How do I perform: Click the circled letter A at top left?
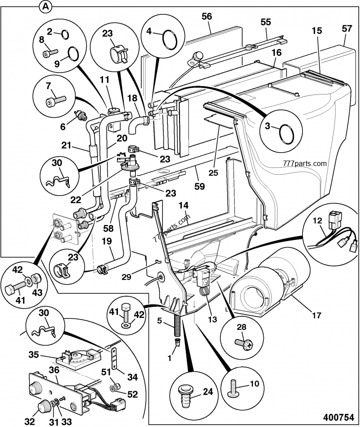click(x=45, y=6)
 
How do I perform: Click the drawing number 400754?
click(x=341, y=417)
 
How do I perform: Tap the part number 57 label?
click(x=346, y=28)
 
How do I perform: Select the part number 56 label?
click(x=207, y=16)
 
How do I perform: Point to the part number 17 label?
click(x=316, y=315)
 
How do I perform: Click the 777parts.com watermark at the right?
click(x=305, y=163)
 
